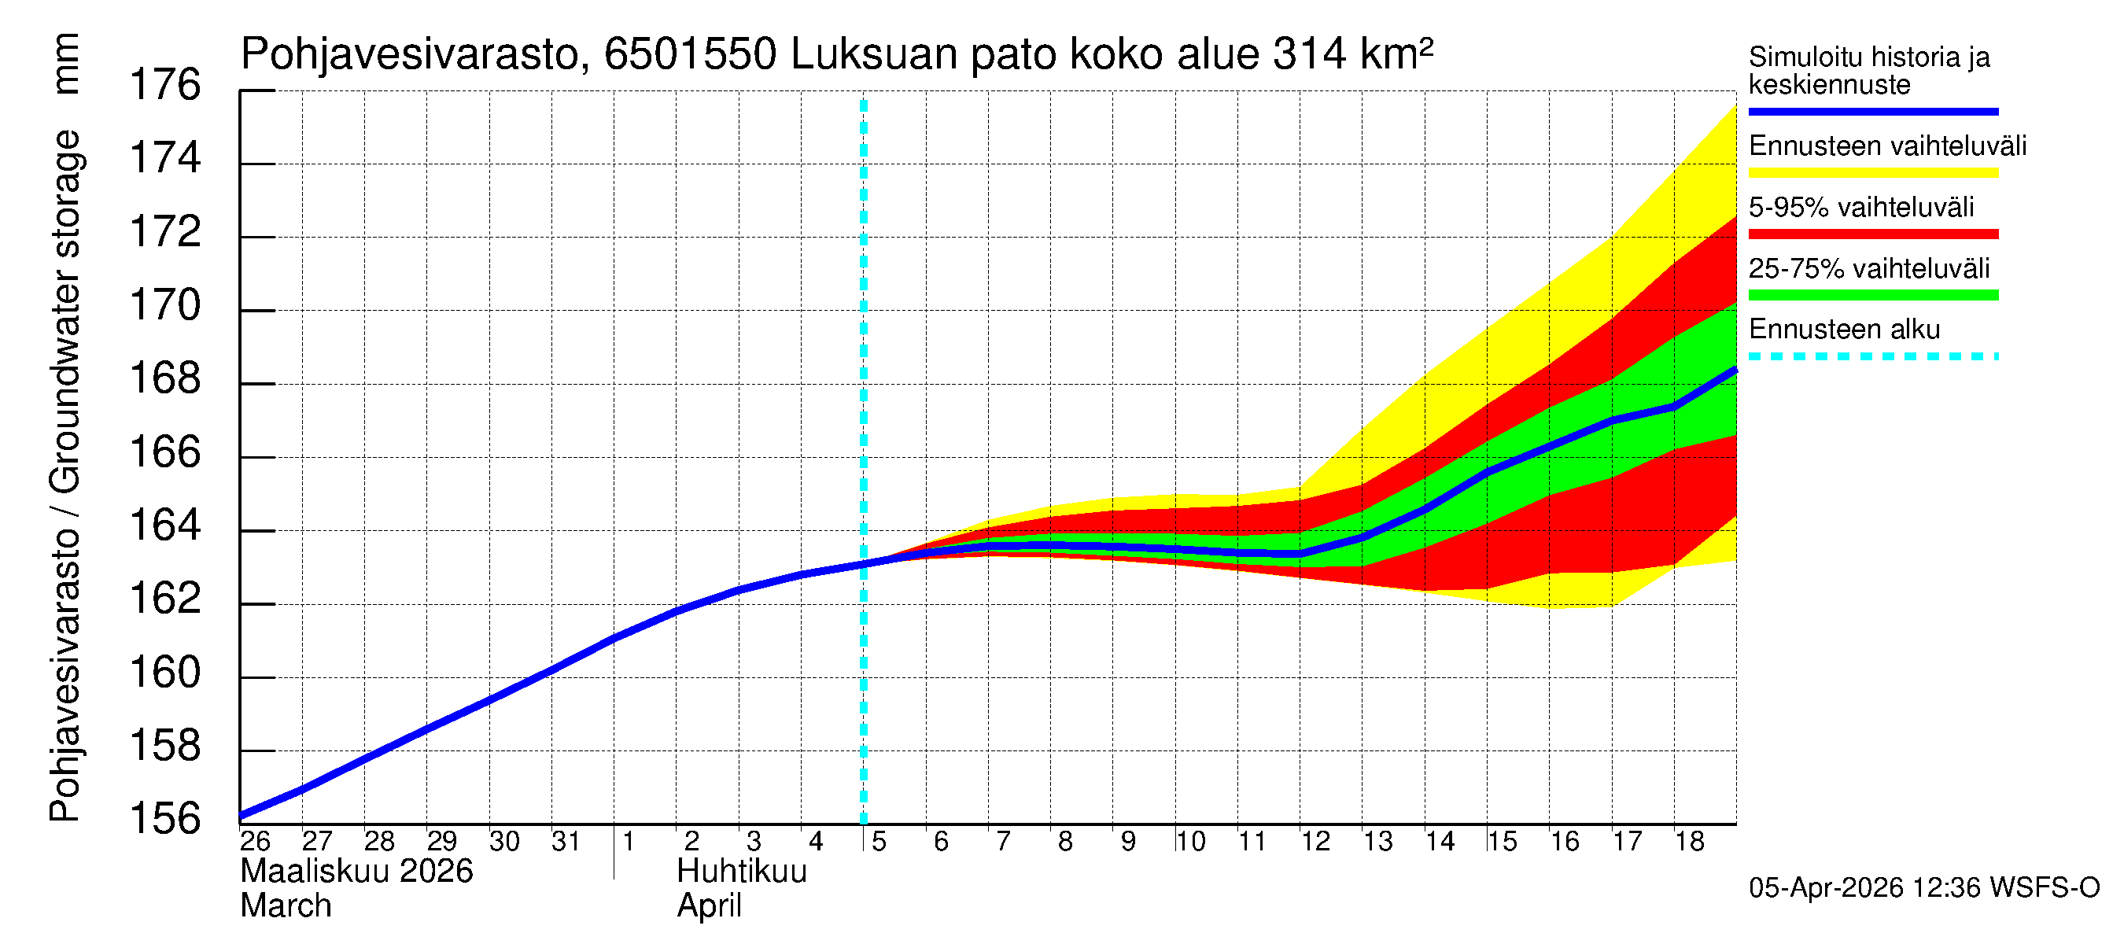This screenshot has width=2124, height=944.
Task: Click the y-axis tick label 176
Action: click(x=165, y=85)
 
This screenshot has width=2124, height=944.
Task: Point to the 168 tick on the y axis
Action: click(x=165, y=379)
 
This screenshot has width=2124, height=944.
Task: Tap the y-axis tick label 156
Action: click(x=165, y=820)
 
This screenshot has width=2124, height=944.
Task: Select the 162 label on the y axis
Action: click(x=165, y=599)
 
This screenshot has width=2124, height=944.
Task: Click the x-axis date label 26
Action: click(x=255, y=842)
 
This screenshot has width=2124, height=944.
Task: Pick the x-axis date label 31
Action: click(x=566, y=842)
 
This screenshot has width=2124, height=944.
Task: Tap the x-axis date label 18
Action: click(x=1689, y=842)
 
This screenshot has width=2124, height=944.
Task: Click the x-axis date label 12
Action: click(x=1315, y=842)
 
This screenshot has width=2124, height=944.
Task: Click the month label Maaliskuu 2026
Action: click(x=356, y=872)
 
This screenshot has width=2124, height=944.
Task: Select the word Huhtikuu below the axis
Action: click(x=741, y=872)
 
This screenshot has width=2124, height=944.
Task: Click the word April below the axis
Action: click(x=709, y=906)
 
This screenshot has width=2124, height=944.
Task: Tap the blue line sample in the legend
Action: click(x=1872, y=111)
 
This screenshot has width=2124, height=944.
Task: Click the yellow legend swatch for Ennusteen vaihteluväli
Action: click(x=1872, y=173)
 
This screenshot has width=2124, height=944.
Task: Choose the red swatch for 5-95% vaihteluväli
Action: click(x=1872, y=234)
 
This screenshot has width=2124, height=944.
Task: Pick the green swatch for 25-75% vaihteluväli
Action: click(x=1872, y=295)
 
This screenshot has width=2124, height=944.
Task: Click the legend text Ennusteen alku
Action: click(x=1844, y=330)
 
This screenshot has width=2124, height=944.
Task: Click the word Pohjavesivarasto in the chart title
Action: click(x=411, y=54)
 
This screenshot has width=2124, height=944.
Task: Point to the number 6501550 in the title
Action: click(x=690, y=54)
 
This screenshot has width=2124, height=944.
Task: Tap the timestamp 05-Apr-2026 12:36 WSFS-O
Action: click(x=1923, y=888)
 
